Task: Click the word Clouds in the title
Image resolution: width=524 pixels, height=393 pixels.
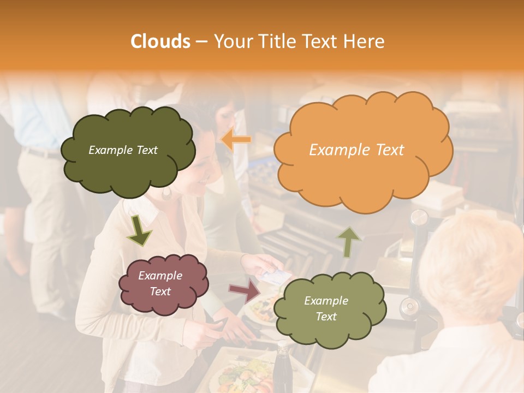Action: click(x=160, y=41)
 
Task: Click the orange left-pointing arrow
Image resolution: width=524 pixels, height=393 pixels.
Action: click(x=236, y=140)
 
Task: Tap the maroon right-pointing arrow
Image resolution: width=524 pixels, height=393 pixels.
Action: click(x=245, y=291)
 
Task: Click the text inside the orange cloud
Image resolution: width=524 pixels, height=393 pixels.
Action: click(x=356, y=150)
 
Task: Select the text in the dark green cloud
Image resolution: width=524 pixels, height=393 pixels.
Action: click(x=123, y=150)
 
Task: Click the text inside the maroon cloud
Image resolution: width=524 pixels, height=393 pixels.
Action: click(x=160, y=283)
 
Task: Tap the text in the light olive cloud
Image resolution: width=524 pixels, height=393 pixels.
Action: click(x=326, y=308)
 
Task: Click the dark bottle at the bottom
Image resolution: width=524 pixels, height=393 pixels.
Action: click(x=283, y=371)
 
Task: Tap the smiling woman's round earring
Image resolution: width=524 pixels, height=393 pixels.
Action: click(x=166, y=192)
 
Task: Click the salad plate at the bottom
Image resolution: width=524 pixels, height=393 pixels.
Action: click(x=240, y=376)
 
